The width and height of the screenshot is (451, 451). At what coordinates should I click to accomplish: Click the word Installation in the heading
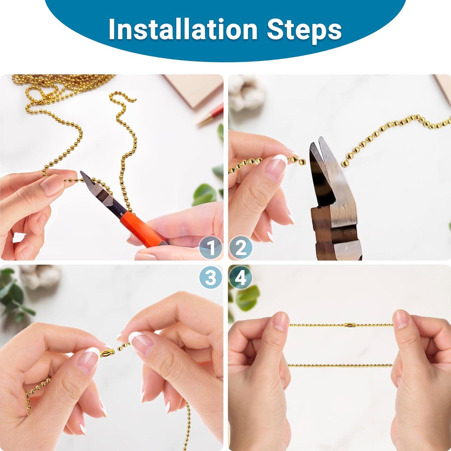(183, 29)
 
